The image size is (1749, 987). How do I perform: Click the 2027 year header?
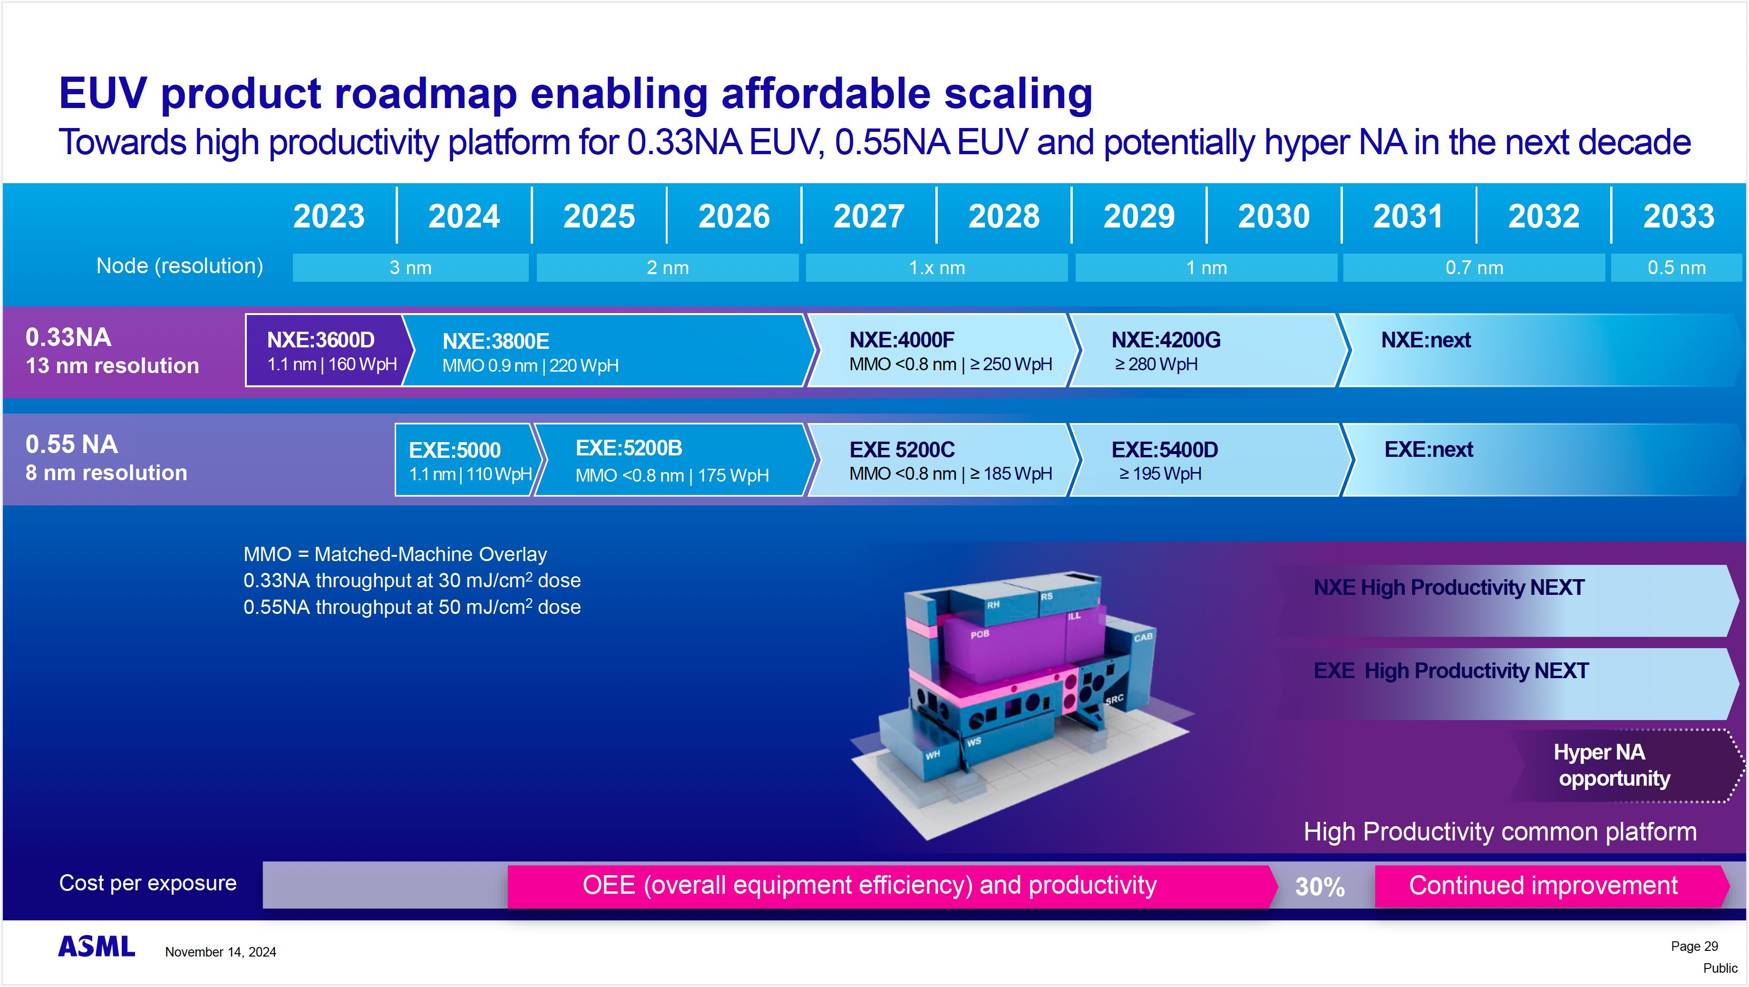[x=868, y=216]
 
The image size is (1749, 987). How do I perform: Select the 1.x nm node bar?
[x=936, y=267]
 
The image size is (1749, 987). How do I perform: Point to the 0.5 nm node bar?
[x=1676, y=267]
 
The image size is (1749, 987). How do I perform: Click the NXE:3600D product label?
[x=321, y=340]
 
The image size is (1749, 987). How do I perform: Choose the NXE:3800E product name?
[x=496, y=341]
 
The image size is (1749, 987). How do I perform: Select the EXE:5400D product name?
[x=1165, y=450]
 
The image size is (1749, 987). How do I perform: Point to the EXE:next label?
[x=1428, y=450]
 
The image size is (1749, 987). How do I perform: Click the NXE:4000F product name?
[x=901, y=340]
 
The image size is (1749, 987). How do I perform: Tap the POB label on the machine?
[x=979, y=634]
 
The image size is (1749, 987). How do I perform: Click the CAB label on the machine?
[x=1143, y=637]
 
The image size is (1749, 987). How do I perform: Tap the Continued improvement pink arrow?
[x=1543, y=886]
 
